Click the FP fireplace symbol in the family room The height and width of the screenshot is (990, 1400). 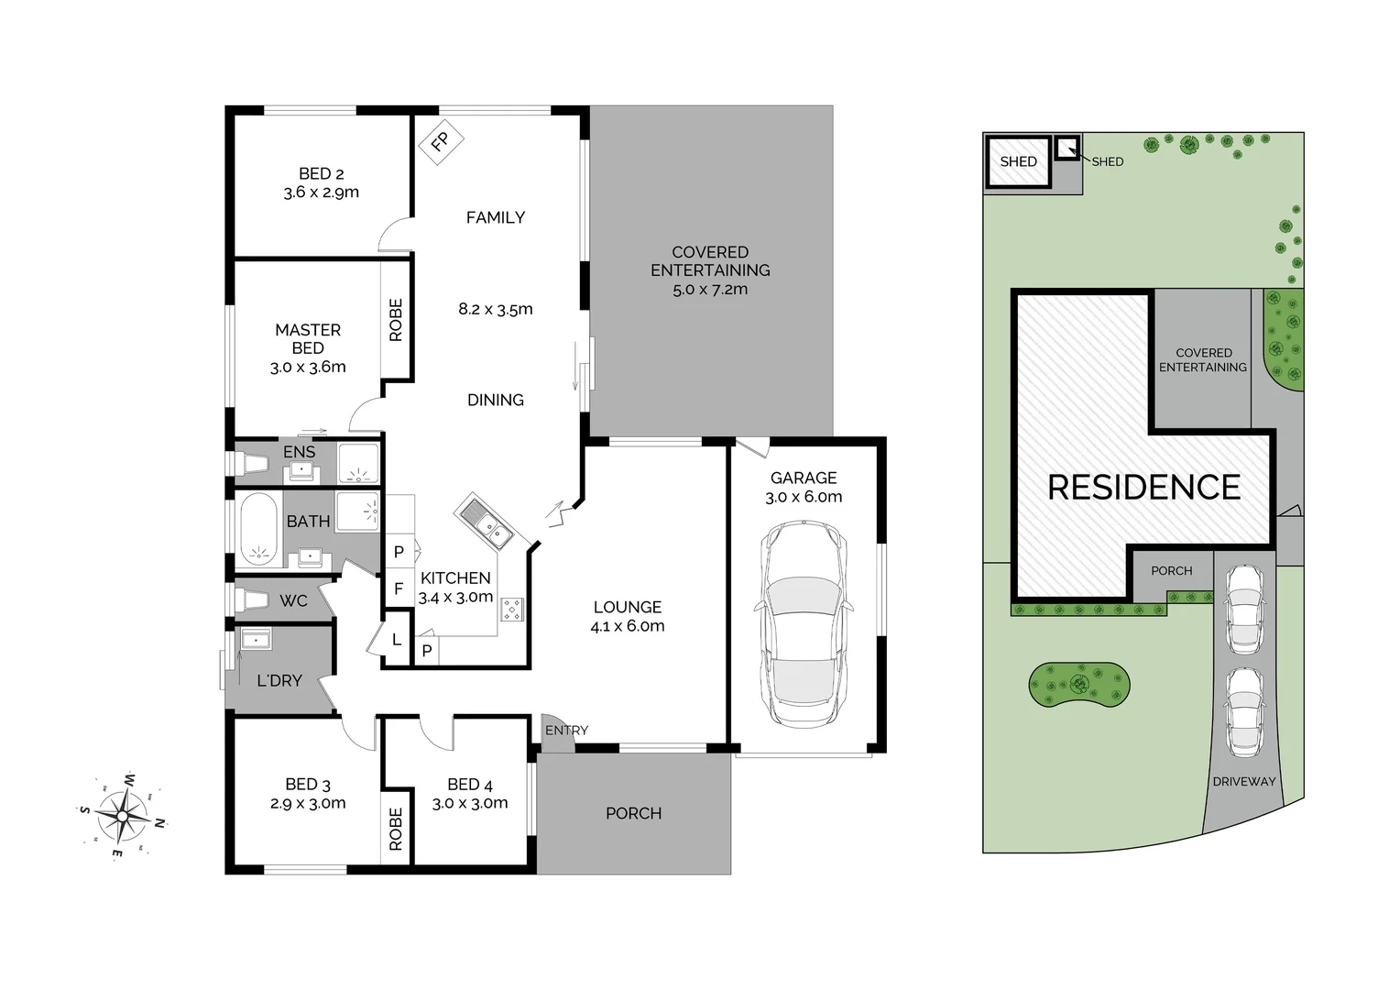pyautogui.click(x=441, y=142)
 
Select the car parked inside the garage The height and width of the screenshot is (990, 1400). pyautogui.click(x=803, y=623)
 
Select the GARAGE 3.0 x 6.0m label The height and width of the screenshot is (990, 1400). pyautogui.click(x=804, y=487)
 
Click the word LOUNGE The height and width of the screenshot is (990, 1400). pyautogui.click(x=628, y=607)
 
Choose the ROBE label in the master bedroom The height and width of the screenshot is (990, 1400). pyautogui.click(x=396, y=320)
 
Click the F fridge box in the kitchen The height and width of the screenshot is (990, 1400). pyautogui.click(x=399, y=588)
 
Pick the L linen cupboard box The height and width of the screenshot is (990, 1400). pyautogui.click(x=396, y=640)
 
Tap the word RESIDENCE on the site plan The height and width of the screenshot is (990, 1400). pyautogui.click(x=1143, y=487)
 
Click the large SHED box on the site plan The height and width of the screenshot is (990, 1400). pyautogui.click(x=1018, y=162)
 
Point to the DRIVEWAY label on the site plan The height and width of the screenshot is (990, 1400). pyautogui.click(x=1243, y=782)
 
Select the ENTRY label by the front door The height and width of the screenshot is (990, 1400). pyautogui.click(x=566, y=731)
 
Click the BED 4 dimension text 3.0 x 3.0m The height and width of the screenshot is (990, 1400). pyautogui.click(x=470, y=803)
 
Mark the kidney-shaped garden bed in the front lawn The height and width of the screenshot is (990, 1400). pyautogui.click(x=1078, y=684)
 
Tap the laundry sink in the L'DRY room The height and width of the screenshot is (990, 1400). pyautogui.click(x=256, y=639)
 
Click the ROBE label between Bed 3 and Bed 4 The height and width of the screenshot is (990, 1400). pyautogui.click(x=396, y=830)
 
